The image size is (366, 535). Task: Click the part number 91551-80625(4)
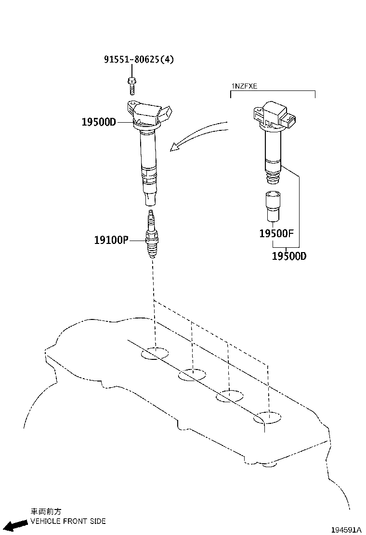coord(139,60)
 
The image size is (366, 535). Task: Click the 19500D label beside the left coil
coord(99,122)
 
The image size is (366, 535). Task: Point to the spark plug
coord(152,236)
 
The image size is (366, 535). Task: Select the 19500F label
coord(276,234)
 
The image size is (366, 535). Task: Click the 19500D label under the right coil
coord(289,256)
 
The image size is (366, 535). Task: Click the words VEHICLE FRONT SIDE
coord(68,521)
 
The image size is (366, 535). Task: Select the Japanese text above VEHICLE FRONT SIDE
coord(46,511)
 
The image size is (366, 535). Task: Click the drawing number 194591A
coord(345,529)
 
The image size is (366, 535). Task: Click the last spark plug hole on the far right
coord(268,417)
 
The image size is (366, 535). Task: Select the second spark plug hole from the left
coord(192,375)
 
